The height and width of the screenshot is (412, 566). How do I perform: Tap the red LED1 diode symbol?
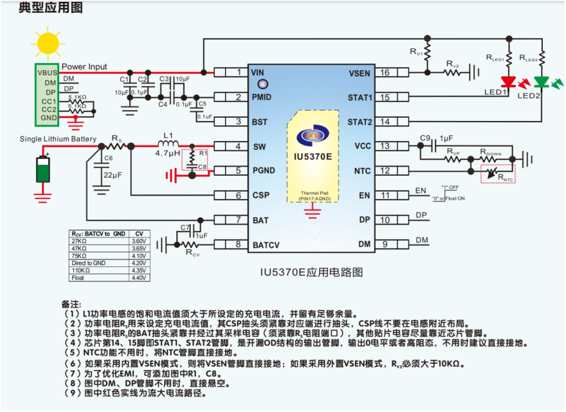509,82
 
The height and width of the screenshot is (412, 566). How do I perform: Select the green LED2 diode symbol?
542,82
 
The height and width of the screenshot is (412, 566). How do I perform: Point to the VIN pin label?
258,73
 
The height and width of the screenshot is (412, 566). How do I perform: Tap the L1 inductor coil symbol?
169,145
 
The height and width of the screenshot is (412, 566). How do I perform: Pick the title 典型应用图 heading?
42,8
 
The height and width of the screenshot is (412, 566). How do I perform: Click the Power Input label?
84,66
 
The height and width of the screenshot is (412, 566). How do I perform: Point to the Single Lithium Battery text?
58,139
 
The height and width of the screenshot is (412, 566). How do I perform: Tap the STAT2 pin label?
360,122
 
